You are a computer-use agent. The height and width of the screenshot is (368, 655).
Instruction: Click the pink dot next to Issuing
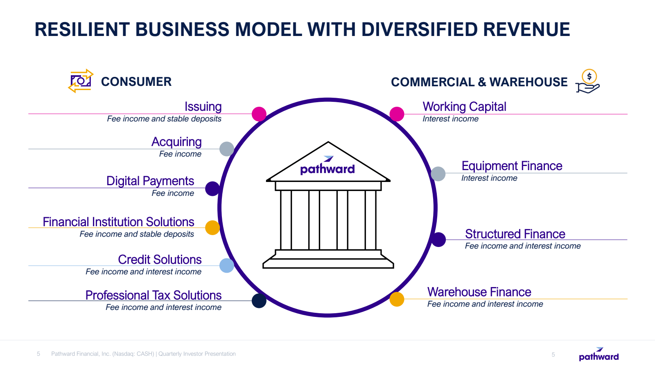pyautogui.click(x=259, y=114)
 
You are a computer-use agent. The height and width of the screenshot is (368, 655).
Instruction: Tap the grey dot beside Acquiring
pyautogui.click(x=227, y=149)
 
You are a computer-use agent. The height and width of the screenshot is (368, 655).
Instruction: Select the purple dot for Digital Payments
pyautogui.click(x=212, y=188)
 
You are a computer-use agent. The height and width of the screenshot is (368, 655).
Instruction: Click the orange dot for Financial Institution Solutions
pyautogui.click(x=212, y=228)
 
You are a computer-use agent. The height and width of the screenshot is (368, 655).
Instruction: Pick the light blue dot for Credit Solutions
pyautogui.click(x=227, y=265)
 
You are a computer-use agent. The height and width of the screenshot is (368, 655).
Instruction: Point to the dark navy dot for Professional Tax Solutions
pyautogui.click(x=259, y=301)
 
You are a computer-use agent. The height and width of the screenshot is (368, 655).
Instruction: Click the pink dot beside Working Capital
pyautogui.click(x=397, y=114)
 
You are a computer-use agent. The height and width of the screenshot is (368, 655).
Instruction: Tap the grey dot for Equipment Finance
pyautogui.click(x=438, y=174)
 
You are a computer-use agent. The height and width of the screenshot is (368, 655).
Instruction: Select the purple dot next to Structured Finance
pyautogui.click(x=438, y=240)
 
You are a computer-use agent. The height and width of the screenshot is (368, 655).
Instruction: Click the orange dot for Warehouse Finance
pyautogui.click(x=397, y=299)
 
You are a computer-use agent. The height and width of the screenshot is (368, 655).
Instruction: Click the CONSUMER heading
pyautogui.click(x=136, y=82)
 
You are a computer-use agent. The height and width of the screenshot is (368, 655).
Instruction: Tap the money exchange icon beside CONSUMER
pyautogui.click(x=81, y=81)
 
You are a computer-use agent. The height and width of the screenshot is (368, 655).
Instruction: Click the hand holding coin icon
pyautogui.click(x=588, y=81)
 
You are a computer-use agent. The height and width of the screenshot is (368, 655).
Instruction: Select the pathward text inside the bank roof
pyautogui.click(x=327, y=169)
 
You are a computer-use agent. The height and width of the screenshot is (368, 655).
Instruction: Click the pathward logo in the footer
pyautogui.click(x=599, y=355)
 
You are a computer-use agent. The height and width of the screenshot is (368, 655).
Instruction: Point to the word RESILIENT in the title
pyautogui.click(x=82, y=30)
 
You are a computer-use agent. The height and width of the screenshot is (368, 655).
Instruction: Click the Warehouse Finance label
pyautogui.click(x=479, y=292)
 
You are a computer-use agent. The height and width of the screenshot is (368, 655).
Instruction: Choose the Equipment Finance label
pyautogui.click(x=512, y=166)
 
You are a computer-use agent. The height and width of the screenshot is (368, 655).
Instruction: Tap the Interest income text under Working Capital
pyautogui.click(x=450, y=119)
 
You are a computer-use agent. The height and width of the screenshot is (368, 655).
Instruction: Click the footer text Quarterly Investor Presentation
pyautogui.click(x=197, y=354)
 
